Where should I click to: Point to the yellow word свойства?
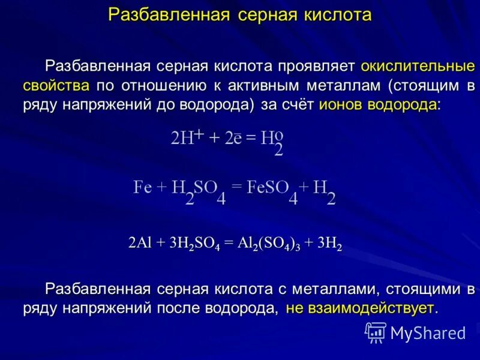57,85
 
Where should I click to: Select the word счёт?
298,105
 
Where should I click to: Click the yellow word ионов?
340,105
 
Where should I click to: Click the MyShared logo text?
428,332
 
